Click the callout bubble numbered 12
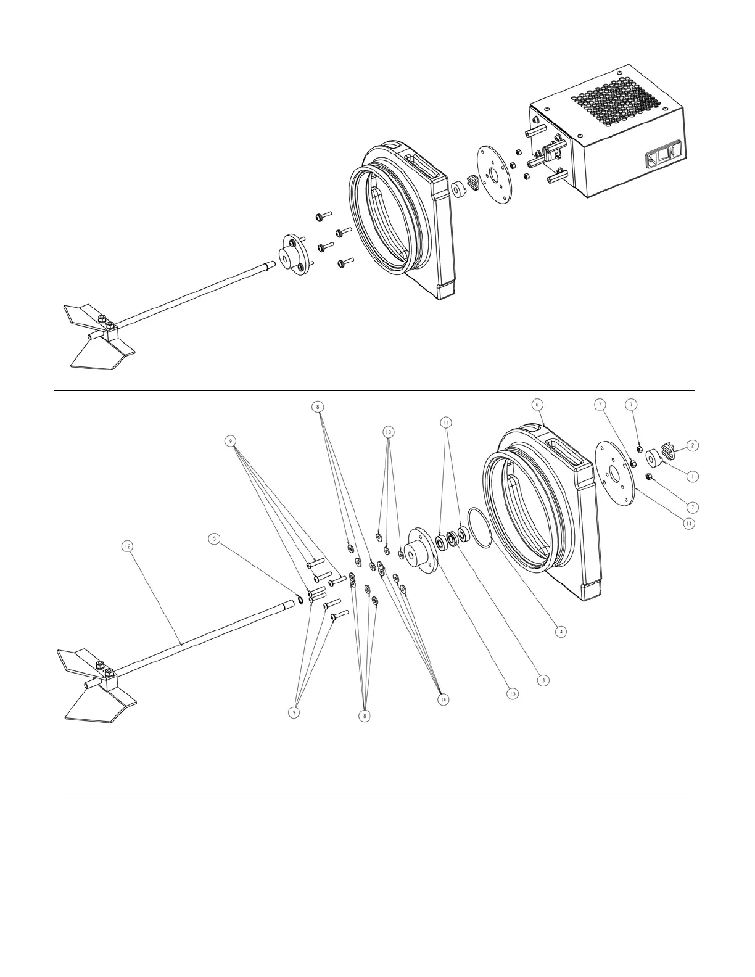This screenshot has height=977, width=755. click(127, 546)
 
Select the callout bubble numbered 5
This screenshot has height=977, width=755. click(215, 538)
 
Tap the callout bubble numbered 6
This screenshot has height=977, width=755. click(537, 404)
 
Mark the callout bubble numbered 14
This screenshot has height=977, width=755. click(688, 523)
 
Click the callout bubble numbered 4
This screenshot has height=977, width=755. click(560, 631)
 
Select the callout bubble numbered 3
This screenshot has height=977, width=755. click(543, 680)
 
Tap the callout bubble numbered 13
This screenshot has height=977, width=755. click(512, 693)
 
